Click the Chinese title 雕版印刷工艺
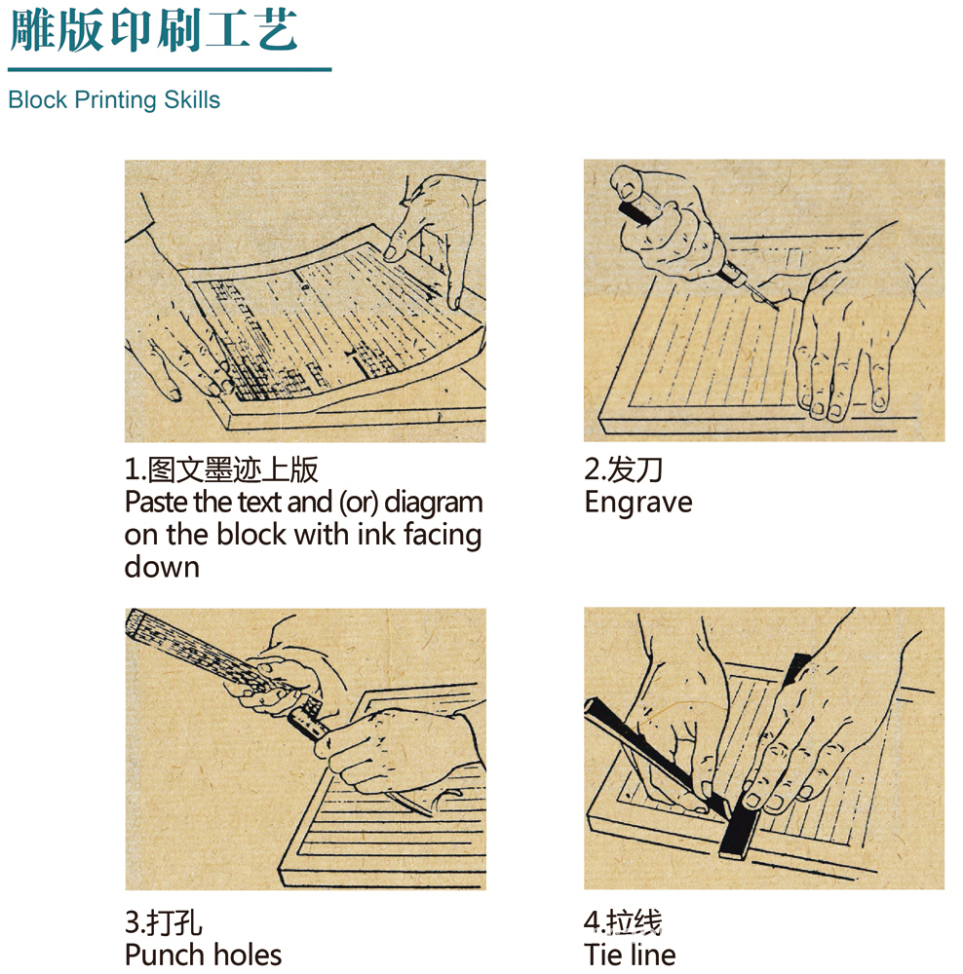click(x=154, y=30)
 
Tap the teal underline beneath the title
click(x=170, y=69)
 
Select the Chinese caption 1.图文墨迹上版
click(x=221, y=469)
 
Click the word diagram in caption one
click(x=434, y=503)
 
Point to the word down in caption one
click(x=162, y=567)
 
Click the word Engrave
click(x=638, y=503)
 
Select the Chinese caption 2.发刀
click(x=624, y=469)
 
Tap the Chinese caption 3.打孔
click(x=164, y=922)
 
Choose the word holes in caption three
click(x=250, y=955)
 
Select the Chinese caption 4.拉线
click(x=624, y=922)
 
